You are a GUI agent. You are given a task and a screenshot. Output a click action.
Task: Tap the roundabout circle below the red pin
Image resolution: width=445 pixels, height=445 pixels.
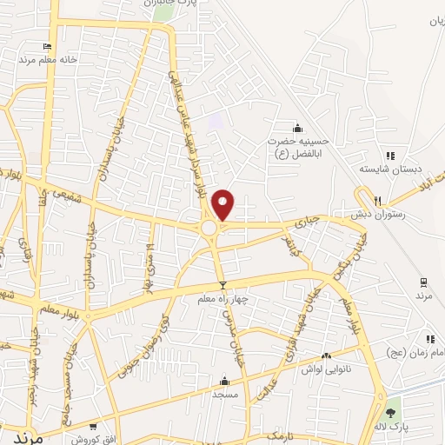point(209,228)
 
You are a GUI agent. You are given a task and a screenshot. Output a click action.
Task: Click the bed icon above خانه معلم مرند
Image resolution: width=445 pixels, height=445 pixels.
point(47,46)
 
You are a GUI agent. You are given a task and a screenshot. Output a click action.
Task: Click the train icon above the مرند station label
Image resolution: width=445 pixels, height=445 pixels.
point(423,282)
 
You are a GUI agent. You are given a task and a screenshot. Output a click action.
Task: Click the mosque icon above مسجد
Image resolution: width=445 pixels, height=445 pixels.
point(224,381)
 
